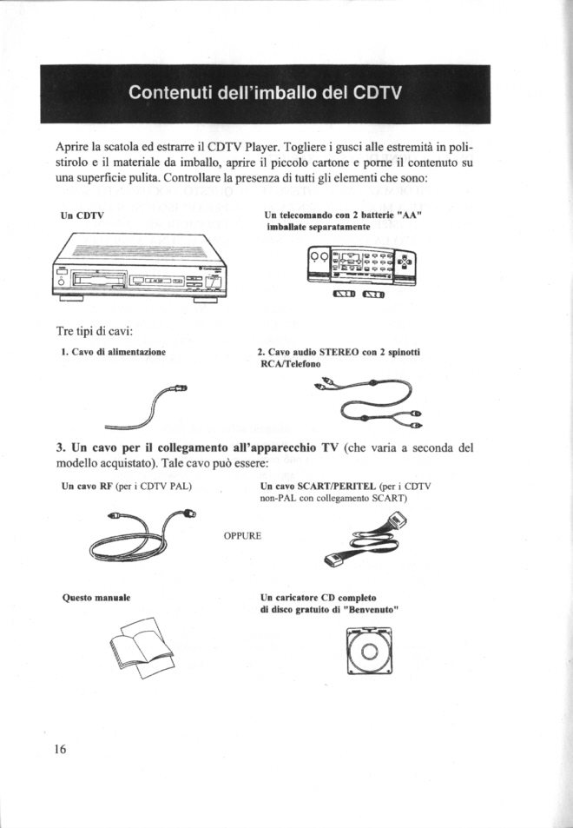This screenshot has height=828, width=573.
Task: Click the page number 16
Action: click(x=60, y=749)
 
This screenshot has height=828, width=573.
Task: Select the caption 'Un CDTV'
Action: click(x=82, y=215)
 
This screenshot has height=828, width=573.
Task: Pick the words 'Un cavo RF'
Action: click(x=88, y=485)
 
